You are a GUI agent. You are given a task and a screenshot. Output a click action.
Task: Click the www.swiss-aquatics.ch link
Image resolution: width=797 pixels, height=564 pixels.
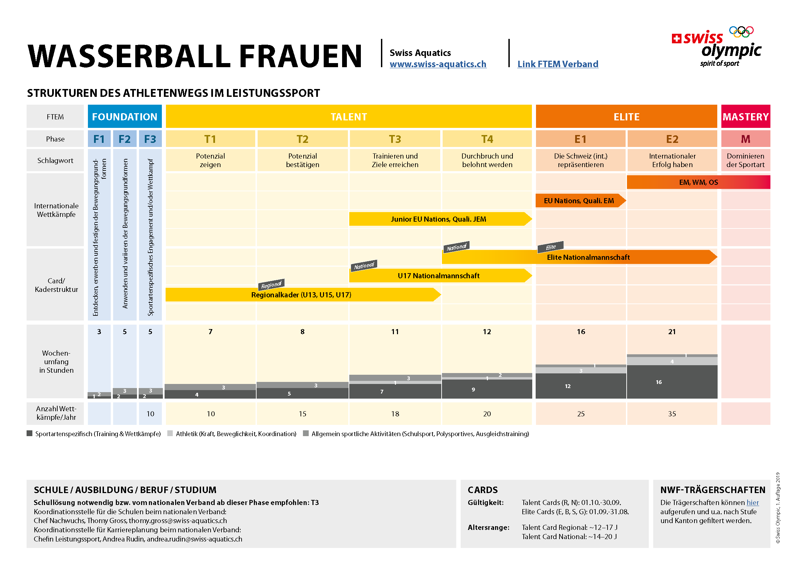(x=438, y=64)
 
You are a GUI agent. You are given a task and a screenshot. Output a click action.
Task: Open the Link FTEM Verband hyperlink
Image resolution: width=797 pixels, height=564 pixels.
(x=557, y=64)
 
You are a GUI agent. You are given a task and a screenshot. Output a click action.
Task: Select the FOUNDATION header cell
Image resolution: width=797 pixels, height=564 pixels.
(x=125, y=117)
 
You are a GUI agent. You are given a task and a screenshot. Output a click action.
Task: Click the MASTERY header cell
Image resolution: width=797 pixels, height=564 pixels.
(x=745, y=117)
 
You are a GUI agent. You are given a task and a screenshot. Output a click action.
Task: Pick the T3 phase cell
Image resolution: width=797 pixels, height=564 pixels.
(x=395, y=139)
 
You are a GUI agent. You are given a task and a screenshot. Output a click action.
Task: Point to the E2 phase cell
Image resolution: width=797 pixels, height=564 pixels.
(x=672, y=139)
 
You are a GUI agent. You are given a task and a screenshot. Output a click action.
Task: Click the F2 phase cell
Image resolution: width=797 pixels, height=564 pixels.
(x=125, y=139)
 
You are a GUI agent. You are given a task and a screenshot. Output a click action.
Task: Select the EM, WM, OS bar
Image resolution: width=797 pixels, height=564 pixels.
(x=698, y=182)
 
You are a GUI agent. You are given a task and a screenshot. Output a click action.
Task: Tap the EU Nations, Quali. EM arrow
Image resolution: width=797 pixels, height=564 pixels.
(x=579, y=201)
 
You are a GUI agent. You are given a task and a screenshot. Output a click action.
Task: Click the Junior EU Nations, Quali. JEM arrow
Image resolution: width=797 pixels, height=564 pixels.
(x=439, y=219)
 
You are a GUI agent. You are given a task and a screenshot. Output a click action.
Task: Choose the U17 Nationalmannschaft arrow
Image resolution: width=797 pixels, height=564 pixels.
(x=439, y=276)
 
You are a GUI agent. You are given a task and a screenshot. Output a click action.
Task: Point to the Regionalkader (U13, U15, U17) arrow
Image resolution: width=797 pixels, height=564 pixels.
(x=301, y=295)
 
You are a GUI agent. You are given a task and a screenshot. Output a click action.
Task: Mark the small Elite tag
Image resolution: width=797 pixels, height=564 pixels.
(x=551, y=247)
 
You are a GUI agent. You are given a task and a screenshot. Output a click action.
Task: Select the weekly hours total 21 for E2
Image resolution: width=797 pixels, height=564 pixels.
(x=672, y=332)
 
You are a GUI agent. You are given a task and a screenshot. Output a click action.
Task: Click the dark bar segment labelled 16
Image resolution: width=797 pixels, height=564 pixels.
(x=672, y=382)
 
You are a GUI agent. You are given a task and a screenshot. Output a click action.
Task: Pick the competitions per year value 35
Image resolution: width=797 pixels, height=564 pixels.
(x=672, y=414)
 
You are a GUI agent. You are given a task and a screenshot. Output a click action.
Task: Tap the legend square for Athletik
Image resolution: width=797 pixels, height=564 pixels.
(x=170, y=433)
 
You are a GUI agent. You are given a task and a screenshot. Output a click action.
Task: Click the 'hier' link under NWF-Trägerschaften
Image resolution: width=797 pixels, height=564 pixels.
(x=753, y=503)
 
